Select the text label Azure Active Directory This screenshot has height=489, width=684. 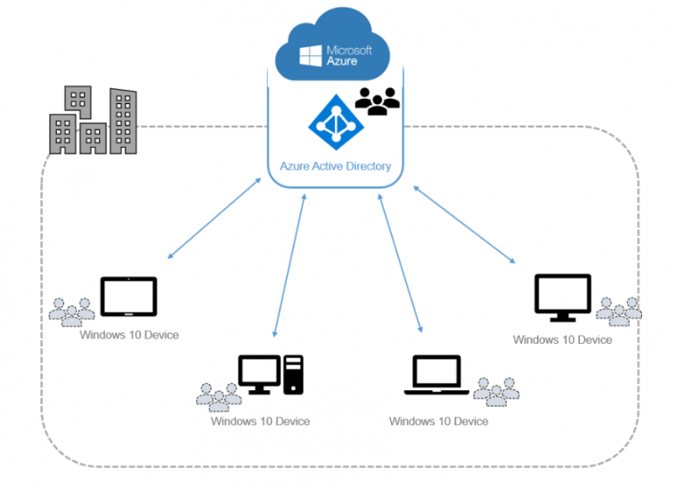tap(335, 166)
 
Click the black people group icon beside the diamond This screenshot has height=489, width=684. tap(377, 102)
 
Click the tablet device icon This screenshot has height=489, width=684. tap(128, 297)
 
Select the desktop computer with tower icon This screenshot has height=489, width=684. tap(271, 374)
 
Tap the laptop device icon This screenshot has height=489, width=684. tap(437, 375)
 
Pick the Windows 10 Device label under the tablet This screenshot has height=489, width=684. tap(129, 335)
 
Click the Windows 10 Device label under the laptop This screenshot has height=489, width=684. tap(438, 420)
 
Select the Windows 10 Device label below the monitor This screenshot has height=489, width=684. tap(562, 339)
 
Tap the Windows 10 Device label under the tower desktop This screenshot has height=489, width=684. tap(260, 420)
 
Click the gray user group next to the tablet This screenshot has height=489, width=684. tap(72, 311)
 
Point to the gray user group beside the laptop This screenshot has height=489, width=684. tap(496, 390)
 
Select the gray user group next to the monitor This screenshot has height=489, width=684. tap(619, 310)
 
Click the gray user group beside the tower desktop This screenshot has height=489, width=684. tap(218, 395)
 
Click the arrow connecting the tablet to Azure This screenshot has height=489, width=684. tap(214, 219)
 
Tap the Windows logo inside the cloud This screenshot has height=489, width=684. tap(311, 56)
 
